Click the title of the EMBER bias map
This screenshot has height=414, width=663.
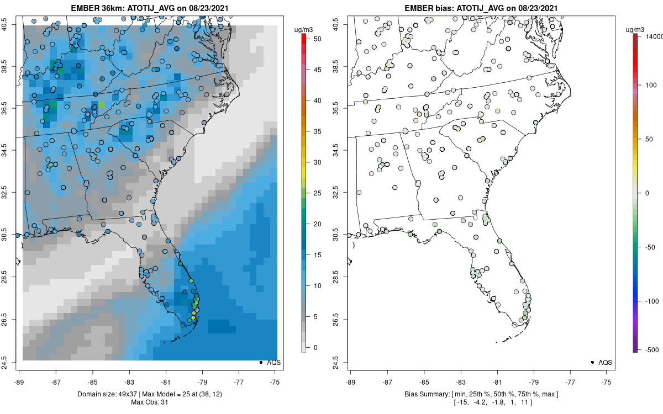481,8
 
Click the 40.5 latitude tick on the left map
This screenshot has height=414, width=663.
11,24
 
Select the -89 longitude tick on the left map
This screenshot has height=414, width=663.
19,381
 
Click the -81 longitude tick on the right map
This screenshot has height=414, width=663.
497,381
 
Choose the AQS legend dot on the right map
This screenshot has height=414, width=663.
592,362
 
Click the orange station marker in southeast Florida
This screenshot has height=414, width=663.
193,314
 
